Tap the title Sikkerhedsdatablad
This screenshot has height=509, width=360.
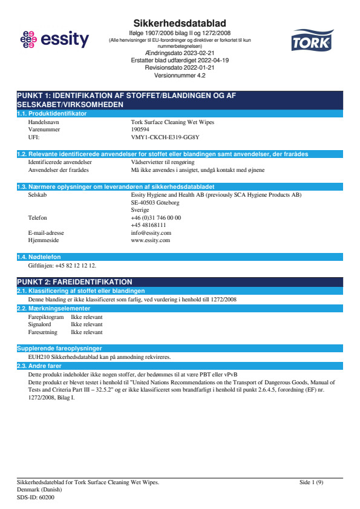(180, 23)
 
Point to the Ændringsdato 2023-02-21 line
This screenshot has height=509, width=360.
(180, 53)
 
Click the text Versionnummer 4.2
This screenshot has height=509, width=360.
(180, 76)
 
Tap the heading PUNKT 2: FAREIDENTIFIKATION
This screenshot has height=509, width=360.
(74, 282)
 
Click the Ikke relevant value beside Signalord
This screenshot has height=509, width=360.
(87, 324)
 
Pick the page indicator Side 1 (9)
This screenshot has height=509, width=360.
(311, 482)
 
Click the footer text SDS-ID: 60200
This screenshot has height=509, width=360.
(35, 497)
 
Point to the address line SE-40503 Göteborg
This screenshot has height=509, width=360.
(155, 203)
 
